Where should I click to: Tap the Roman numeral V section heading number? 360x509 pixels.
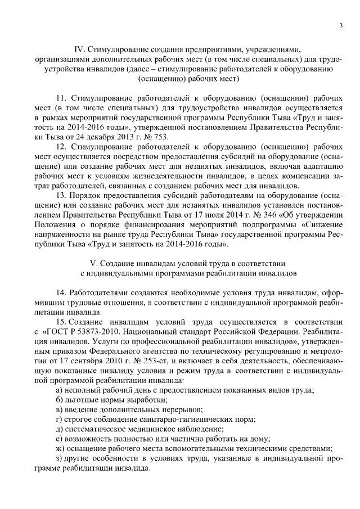(x=93, y=263)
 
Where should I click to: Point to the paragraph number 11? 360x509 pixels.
(x=61, y=100)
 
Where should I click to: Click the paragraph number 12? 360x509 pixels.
(x=61, y=146)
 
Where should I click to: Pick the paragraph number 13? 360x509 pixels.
(x=61, y=192)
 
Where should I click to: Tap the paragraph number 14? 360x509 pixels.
(x=61, y=294)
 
